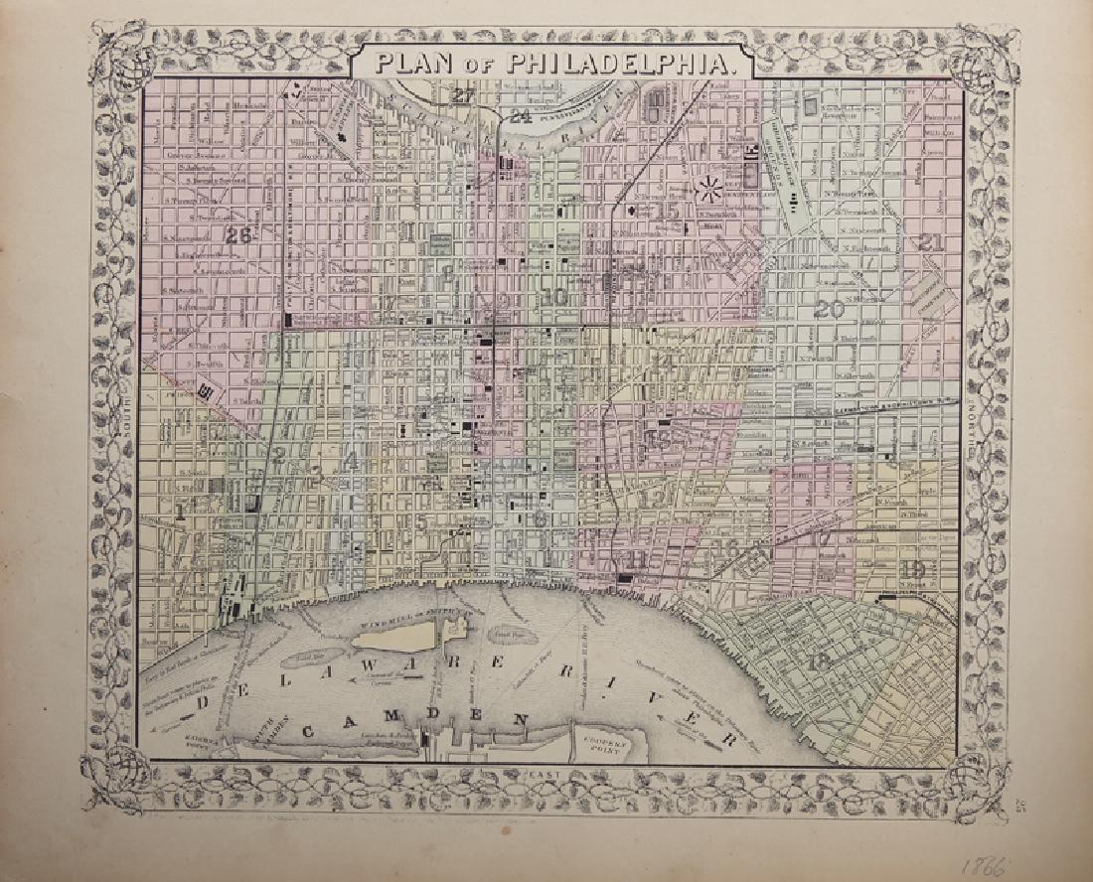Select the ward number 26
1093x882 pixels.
tap(238, 236)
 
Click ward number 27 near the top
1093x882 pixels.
tap(463, 95)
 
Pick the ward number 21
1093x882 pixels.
tap(931, 241)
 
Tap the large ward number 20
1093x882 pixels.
tap(828, 309)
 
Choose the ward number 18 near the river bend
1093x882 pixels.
tap(820, 662)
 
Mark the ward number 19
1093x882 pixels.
tap(914, 569)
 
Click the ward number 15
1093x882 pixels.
tap(667, 211)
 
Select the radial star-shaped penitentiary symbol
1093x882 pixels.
tap(710, 186)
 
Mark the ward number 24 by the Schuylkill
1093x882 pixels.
tap(520, 116)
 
